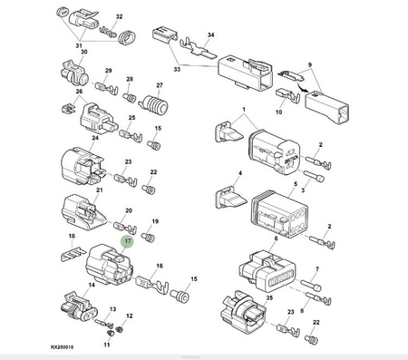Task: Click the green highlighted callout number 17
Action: click(x=128, y=241)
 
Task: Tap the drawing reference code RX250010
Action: click(x=62, y=347)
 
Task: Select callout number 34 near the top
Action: click(x=210, y=34)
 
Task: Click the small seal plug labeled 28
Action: click(x=130, y=97)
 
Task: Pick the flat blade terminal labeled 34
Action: click(x=198, y=48)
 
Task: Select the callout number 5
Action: click(x=296, y=184)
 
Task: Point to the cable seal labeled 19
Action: click(x=148, y=238)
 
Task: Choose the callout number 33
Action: click(x=177, y=69)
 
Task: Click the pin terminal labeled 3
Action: click(x=314, y=176)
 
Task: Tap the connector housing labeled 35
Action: click(x=243, y=313)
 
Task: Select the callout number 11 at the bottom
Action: click(x=107, y=345)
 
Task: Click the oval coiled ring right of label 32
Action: click(x=126, y=38)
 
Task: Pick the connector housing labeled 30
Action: click(x=74, y=74)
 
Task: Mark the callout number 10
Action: click(x=278, y=112)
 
